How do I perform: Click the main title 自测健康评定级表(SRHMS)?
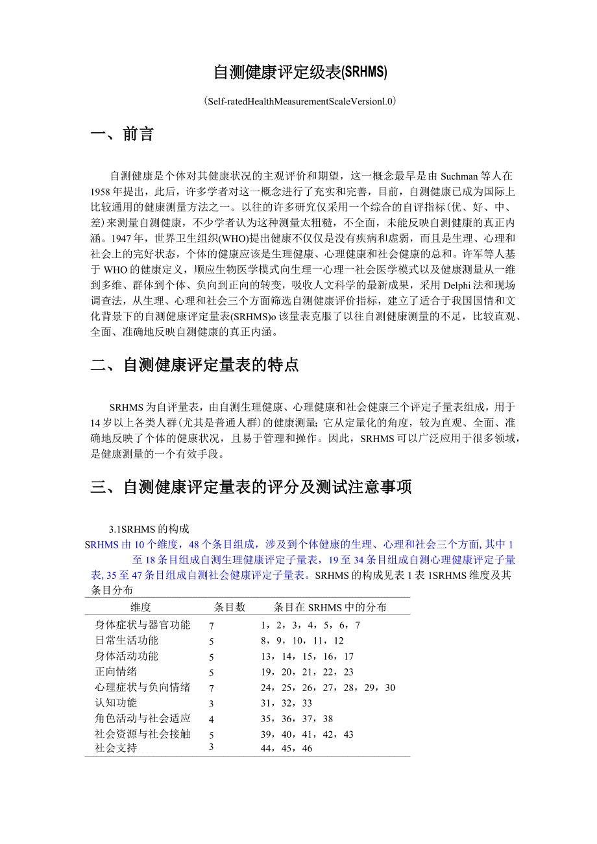300,73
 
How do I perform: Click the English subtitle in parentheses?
299,101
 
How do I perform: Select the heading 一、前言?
122,134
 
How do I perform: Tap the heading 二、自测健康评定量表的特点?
195,365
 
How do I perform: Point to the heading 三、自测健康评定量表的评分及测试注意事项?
251,487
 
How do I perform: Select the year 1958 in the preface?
103,193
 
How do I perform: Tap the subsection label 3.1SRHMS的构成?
149,528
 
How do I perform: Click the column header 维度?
141,607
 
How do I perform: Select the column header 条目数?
230,607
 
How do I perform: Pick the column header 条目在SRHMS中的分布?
330,607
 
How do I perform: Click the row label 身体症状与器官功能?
143,625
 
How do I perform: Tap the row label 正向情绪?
116,672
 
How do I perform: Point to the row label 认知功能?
116,703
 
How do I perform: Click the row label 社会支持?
116,748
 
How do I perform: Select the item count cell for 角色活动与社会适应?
212,719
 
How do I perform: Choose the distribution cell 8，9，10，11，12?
302,641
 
